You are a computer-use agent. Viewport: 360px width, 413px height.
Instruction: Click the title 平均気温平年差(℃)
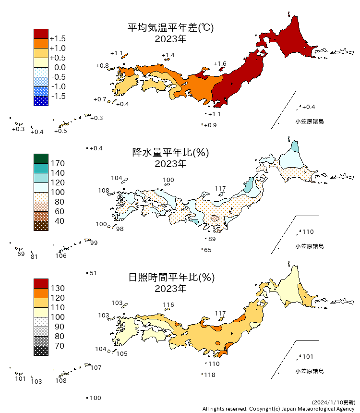170,28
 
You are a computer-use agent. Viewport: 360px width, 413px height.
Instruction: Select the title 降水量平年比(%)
170,153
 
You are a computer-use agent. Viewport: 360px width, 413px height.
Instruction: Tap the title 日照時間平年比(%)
170,278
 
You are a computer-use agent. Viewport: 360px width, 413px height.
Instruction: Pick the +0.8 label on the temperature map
102,65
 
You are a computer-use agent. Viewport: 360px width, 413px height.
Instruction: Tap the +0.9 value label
210,125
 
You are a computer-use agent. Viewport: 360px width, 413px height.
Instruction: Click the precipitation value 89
212,239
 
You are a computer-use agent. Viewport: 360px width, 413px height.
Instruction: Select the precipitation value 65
208,250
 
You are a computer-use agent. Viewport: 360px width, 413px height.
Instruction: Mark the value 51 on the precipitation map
94,273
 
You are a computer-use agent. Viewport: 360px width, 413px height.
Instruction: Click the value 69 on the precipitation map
21,254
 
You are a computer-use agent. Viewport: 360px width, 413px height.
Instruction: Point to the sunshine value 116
168,304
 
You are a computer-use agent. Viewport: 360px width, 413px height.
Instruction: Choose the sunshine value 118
209,375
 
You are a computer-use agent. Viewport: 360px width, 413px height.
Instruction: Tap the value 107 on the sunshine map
96,368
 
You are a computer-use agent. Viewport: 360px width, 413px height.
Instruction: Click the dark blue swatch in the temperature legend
41,101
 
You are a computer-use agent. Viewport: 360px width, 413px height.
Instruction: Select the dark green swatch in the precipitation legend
41,158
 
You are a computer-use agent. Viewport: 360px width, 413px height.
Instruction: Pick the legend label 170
57,163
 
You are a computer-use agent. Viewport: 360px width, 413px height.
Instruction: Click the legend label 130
57,288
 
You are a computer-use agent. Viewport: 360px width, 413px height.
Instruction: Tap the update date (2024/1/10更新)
333,402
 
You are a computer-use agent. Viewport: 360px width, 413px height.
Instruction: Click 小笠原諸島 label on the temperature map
310,121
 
